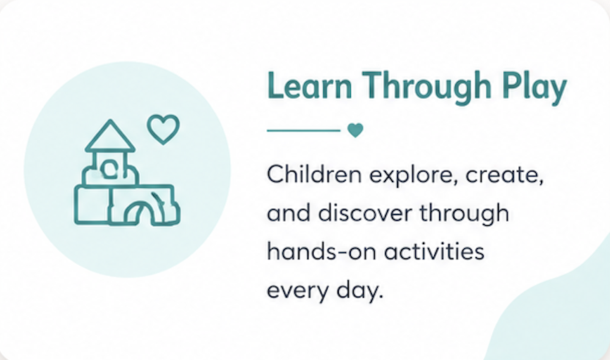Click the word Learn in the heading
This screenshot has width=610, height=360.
click(309, 85)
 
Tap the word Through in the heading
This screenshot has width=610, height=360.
click(426, 88)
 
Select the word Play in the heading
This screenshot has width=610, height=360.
click(534, 88)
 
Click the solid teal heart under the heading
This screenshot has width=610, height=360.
click(355, 131)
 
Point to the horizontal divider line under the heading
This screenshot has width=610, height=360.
click(304, 131)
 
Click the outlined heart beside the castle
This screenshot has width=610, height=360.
click(163, 128)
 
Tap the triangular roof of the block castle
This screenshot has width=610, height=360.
click(110, 136)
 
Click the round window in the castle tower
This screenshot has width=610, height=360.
click(108, 169)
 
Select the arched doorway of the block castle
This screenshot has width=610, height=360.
click(139, 213)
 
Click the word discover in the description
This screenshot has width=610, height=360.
click(365, 213)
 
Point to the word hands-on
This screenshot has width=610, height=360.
click(322, 251)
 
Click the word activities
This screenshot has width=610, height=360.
click(434, 251)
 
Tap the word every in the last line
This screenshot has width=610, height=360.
click(298, 292)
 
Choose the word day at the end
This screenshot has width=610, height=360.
click(360, 291)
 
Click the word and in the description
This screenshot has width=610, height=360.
click(289, 213)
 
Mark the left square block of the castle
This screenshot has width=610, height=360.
click(92, 205)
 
